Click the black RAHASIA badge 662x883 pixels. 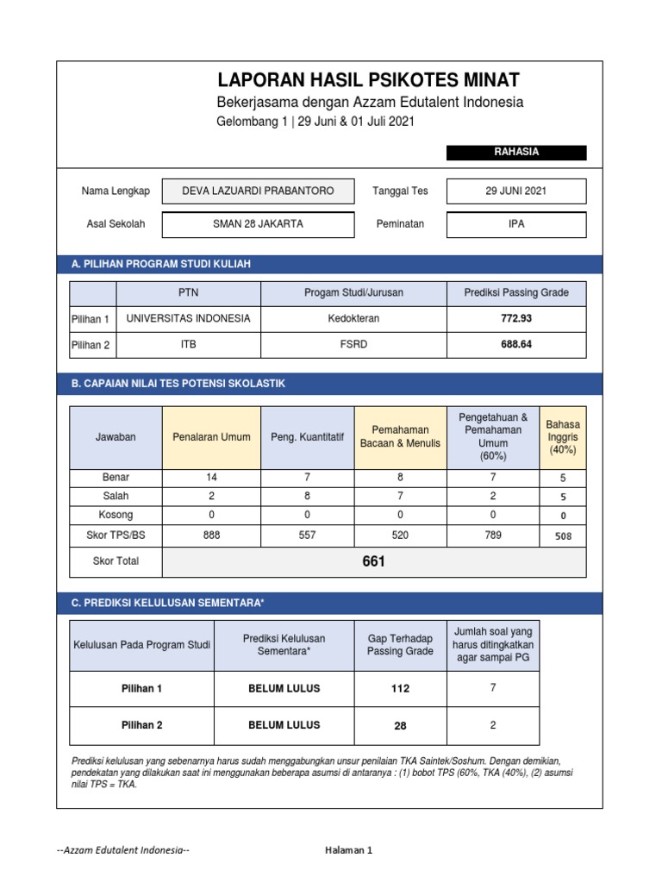pyautogui.click(x=516, y=153)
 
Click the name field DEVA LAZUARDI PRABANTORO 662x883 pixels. pyautogui.click(x=258, y=191)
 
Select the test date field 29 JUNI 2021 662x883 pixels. pyautogui.click(x=516, y=191)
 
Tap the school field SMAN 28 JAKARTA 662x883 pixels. pyautogui.click(x=258, y=224)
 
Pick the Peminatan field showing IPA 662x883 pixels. pyautogui.click(x=516, y=224)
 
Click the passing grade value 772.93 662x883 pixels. pyautogui.click(x=516, y=318)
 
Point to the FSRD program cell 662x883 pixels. pyautogui.click(x=353, y=344)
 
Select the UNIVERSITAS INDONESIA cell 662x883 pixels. pyautogui.click(x=188, y=318)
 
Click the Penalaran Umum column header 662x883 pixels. pyautogui.click(x=211, y=437)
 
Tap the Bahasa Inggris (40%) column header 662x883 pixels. pyautogui.click(x=563, y=437)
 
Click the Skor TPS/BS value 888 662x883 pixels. pyautogui.click(x=211, y=535)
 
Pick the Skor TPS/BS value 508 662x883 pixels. pyautogui.click(x=563, y=535)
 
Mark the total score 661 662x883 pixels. pyautogui.click(x=374, y=561)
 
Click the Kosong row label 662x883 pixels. pyautogui.click(x=116, y=515)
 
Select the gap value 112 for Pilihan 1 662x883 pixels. pyautogui.click(x=400, y=689)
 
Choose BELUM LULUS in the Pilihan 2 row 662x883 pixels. pyautogui.click(x=284, y=725)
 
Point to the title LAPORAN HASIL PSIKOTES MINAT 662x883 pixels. pyautogui.click(x=368, y=81)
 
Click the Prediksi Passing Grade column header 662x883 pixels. pyautogui.click(x=516, y=293)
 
